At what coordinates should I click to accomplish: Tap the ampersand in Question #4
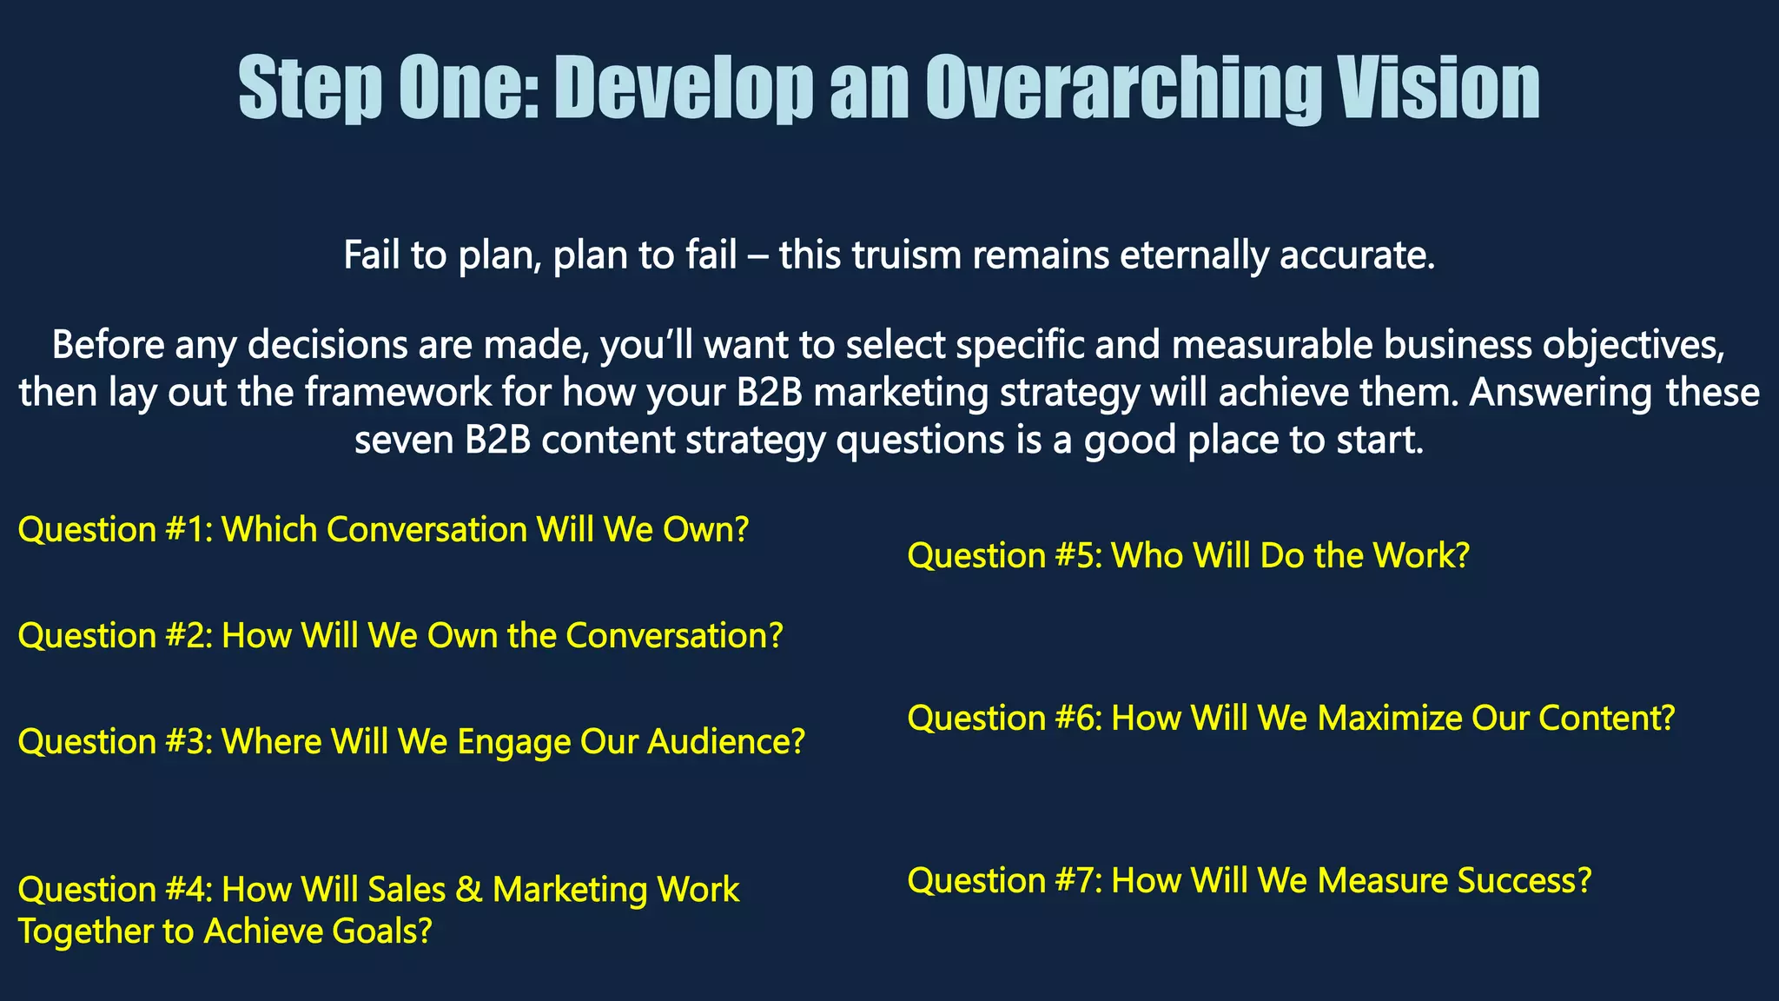(468, 890)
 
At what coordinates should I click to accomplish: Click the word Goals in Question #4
(382, 931)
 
